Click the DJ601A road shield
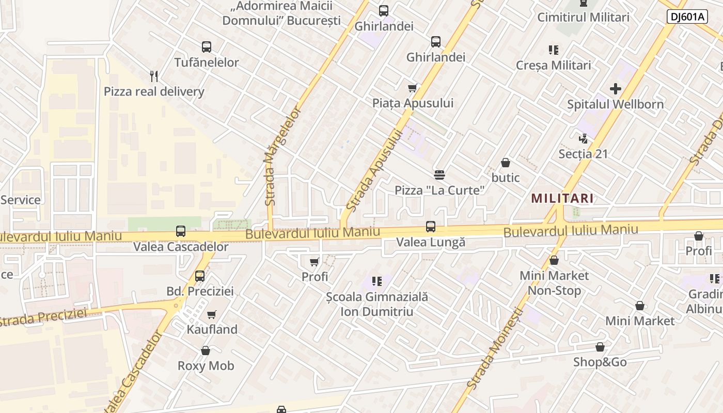(687, 17)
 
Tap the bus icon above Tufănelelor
(207, 47)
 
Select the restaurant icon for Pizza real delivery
(153, 76)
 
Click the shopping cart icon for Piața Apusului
(412, 88)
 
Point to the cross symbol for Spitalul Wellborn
(615, 89)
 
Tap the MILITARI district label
(562, 198)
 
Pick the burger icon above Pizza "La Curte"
(439, 175)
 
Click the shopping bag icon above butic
(506, 163)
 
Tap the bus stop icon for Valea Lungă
(430, 227)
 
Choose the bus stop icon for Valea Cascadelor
(181, 231)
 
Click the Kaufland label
(212, 329)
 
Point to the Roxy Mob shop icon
(206, 351)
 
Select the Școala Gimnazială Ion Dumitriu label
(377, 304)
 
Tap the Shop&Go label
(600, 362)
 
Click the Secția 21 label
(583, 154)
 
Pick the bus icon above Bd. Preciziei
(200, 276)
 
